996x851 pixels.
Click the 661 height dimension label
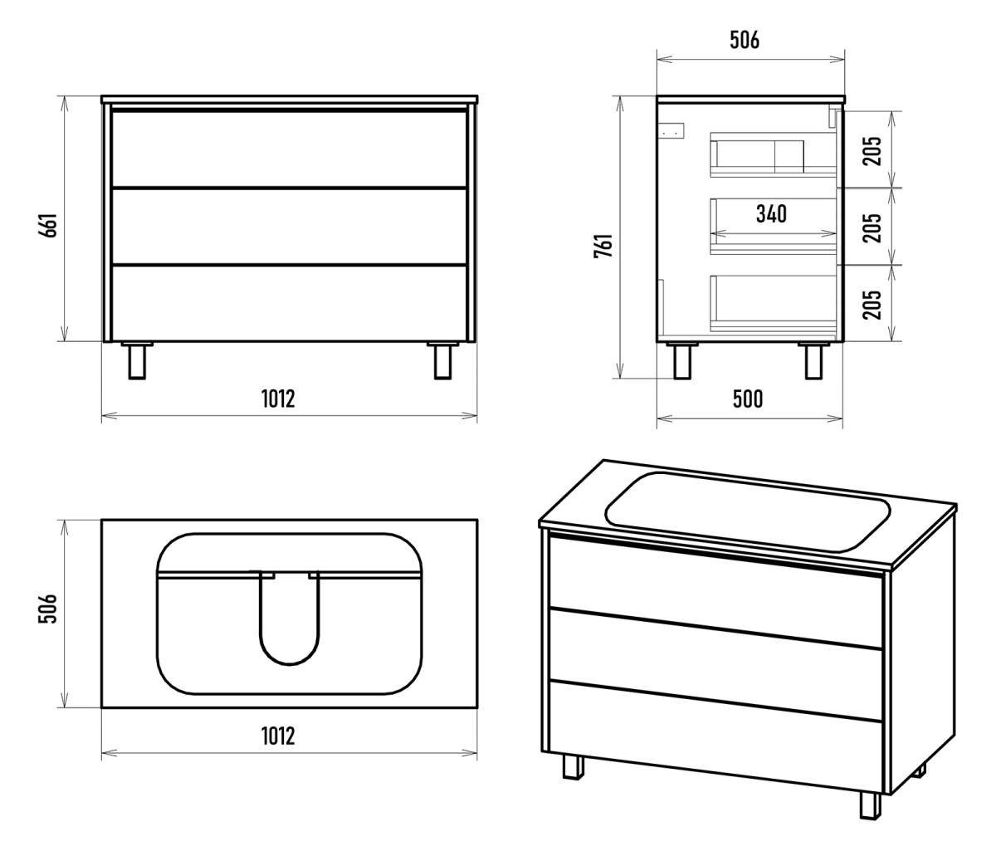point(48,225)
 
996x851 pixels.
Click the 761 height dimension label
point(603,246)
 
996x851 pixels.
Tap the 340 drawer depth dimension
point(771,214)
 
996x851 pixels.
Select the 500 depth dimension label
point(748,399)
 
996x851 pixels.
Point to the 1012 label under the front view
point(278,399)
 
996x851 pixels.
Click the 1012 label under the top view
point(278,736)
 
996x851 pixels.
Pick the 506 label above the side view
point(745,40)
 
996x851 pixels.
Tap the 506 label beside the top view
point(48,609)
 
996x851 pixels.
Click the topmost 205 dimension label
point(872,151)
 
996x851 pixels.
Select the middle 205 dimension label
point(872,228)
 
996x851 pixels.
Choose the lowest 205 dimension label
point(872,305)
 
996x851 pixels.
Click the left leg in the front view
point(137,360)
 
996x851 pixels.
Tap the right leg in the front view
point(443,360)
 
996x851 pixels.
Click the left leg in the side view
point(682,360)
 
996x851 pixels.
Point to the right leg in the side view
point(814,360)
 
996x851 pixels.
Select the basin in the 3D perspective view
point(747,511)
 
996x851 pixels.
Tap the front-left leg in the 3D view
point(573,766)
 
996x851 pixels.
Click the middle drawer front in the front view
point(289,226)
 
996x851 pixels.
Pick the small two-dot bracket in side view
point(671,130)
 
